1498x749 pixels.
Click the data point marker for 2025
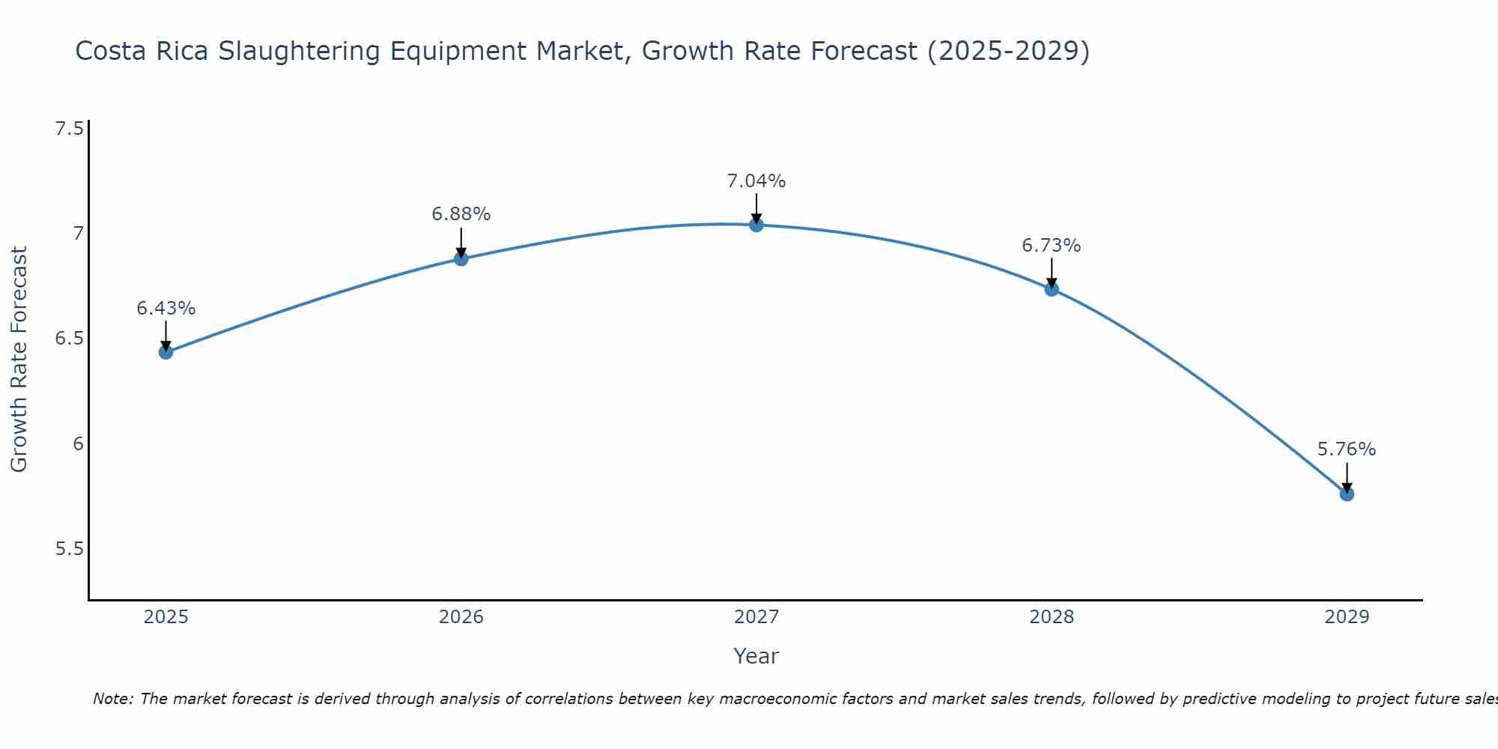click(166, 352)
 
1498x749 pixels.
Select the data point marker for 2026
click(461, 259)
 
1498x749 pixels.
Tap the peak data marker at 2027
click(756, 225)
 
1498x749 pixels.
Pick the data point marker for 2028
click(1052, 289)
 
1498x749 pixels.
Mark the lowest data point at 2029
click(1347, 494)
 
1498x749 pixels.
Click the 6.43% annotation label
click(166, 309)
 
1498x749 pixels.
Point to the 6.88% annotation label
click(461, 214)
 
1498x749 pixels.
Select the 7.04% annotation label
click(756, 181)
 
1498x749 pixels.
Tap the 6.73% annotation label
click(1052, 246)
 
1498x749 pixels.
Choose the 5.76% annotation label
click(1347, 449)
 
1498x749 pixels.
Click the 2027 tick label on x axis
click(756, 617)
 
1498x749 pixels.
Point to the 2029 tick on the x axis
click(1347, 617)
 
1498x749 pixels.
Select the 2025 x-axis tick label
click(166, 617)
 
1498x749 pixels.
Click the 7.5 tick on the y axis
click(69, 129)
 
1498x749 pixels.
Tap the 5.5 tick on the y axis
click(69, 549)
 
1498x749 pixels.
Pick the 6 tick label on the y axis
click(78, 444)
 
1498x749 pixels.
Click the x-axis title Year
click(756, 656)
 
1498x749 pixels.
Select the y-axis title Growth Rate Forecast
click(19, 360)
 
